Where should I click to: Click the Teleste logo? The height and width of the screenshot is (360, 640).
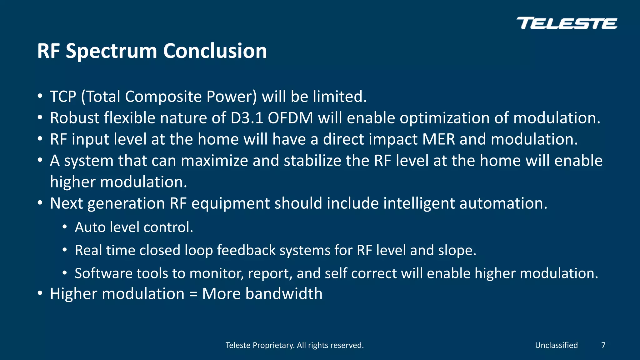567,23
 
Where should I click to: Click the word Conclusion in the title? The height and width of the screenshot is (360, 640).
215,51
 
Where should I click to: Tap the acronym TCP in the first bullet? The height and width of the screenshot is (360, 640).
63,97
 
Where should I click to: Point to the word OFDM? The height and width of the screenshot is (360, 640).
290,118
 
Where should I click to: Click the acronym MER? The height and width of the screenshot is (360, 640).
438,139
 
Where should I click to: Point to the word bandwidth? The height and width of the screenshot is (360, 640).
284,294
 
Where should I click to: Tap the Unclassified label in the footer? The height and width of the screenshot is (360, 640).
556,345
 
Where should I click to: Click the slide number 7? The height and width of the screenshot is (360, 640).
603,345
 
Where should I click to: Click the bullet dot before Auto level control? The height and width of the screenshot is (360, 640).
64,227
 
